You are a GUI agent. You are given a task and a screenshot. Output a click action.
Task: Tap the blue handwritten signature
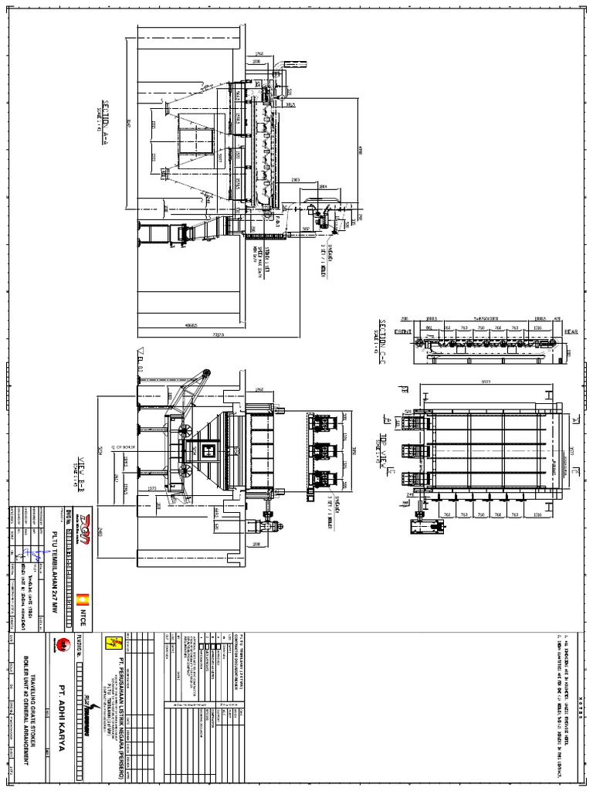[33, 553]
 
